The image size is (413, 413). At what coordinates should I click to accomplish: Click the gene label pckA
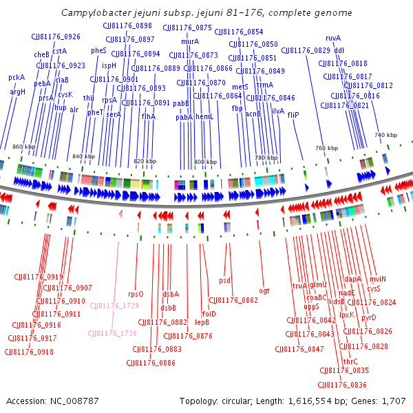click(x=16, y=77)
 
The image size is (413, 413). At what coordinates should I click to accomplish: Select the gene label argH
click(x=17, y=91)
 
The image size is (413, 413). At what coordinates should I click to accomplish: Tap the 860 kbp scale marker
click(x=23, y=147)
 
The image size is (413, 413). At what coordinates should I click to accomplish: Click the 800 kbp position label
click(x=204, y=162)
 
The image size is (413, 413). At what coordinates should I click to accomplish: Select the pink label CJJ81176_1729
click(x=114, y=305)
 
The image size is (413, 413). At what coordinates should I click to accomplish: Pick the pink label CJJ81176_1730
click(x=112, y=332)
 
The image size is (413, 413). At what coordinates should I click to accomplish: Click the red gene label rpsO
click(x=136, y=294)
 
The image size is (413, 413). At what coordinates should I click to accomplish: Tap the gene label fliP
click(x=293, y=115)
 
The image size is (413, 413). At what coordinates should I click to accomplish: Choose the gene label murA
click(x=190, y=41)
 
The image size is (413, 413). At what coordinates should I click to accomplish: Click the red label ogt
click(x=264, y=290)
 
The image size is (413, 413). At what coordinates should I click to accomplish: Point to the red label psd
click(x=224, y=280)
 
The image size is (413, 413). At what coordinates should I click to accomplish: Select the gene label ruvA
click(x=333, y=38)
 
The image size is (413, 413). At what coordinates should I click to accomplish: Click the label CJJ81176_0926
click(x=56, y=36)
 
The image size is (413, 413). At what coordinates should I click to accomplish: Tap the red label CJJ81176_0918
click(x=29, y=352)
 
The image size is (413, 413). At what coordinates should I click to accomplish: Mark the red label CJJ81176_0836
click(x=343, y=385)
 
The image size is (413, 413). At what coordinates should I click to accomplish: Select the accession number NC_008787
click(x=73, y=401)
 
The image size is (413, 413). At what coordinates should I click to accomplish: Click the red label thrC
click(x=350, y=361)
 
